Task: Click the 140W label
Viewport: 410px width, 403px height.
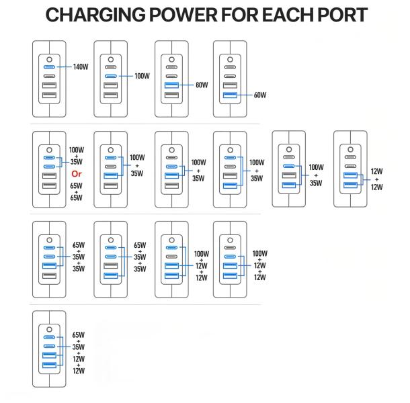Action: point(81,67)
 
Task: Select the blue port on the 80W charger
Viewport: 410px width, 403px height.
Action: point(171,85)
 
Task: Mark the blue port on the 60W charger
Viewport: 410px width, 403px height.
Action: point(230,95)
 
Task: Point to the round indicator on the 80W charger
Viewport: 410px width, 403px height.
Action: point(171,58)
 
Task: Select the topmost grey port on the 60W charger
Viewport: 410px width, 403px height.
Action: point(230,67)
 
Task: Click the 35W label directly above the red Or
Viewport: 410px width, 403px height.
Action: point(76,162)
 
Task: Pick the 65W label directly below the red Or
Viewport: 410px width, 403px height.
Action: point(76,185)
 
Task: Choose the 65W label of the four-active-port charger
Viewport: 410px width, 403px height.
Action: point(78,334)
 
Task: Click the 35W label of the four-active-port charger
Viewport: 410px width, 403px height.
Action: point(78,347)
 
